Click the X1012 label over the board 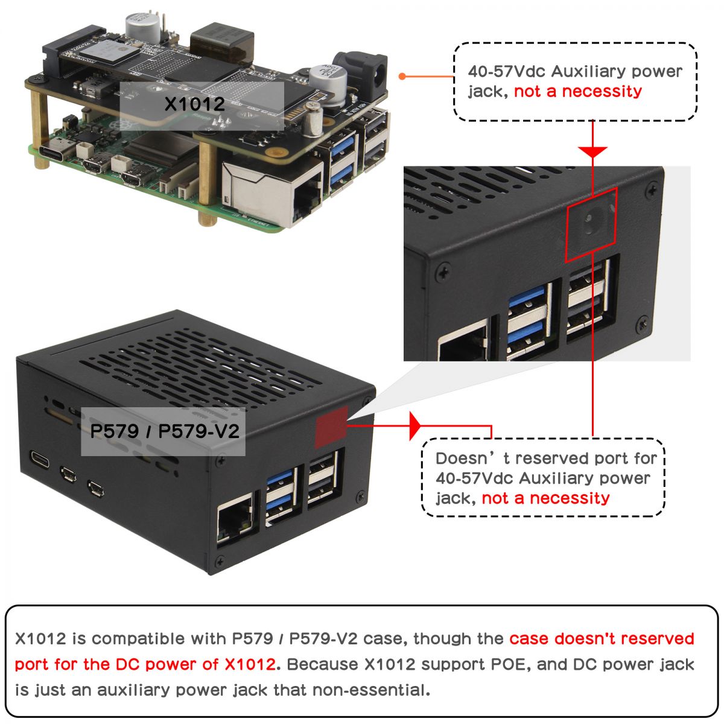coord(195,104)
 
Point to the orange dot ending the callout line coord(402,77)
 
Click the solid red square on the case coord(331,427)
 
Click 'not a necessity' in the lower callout coord(545,498)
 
